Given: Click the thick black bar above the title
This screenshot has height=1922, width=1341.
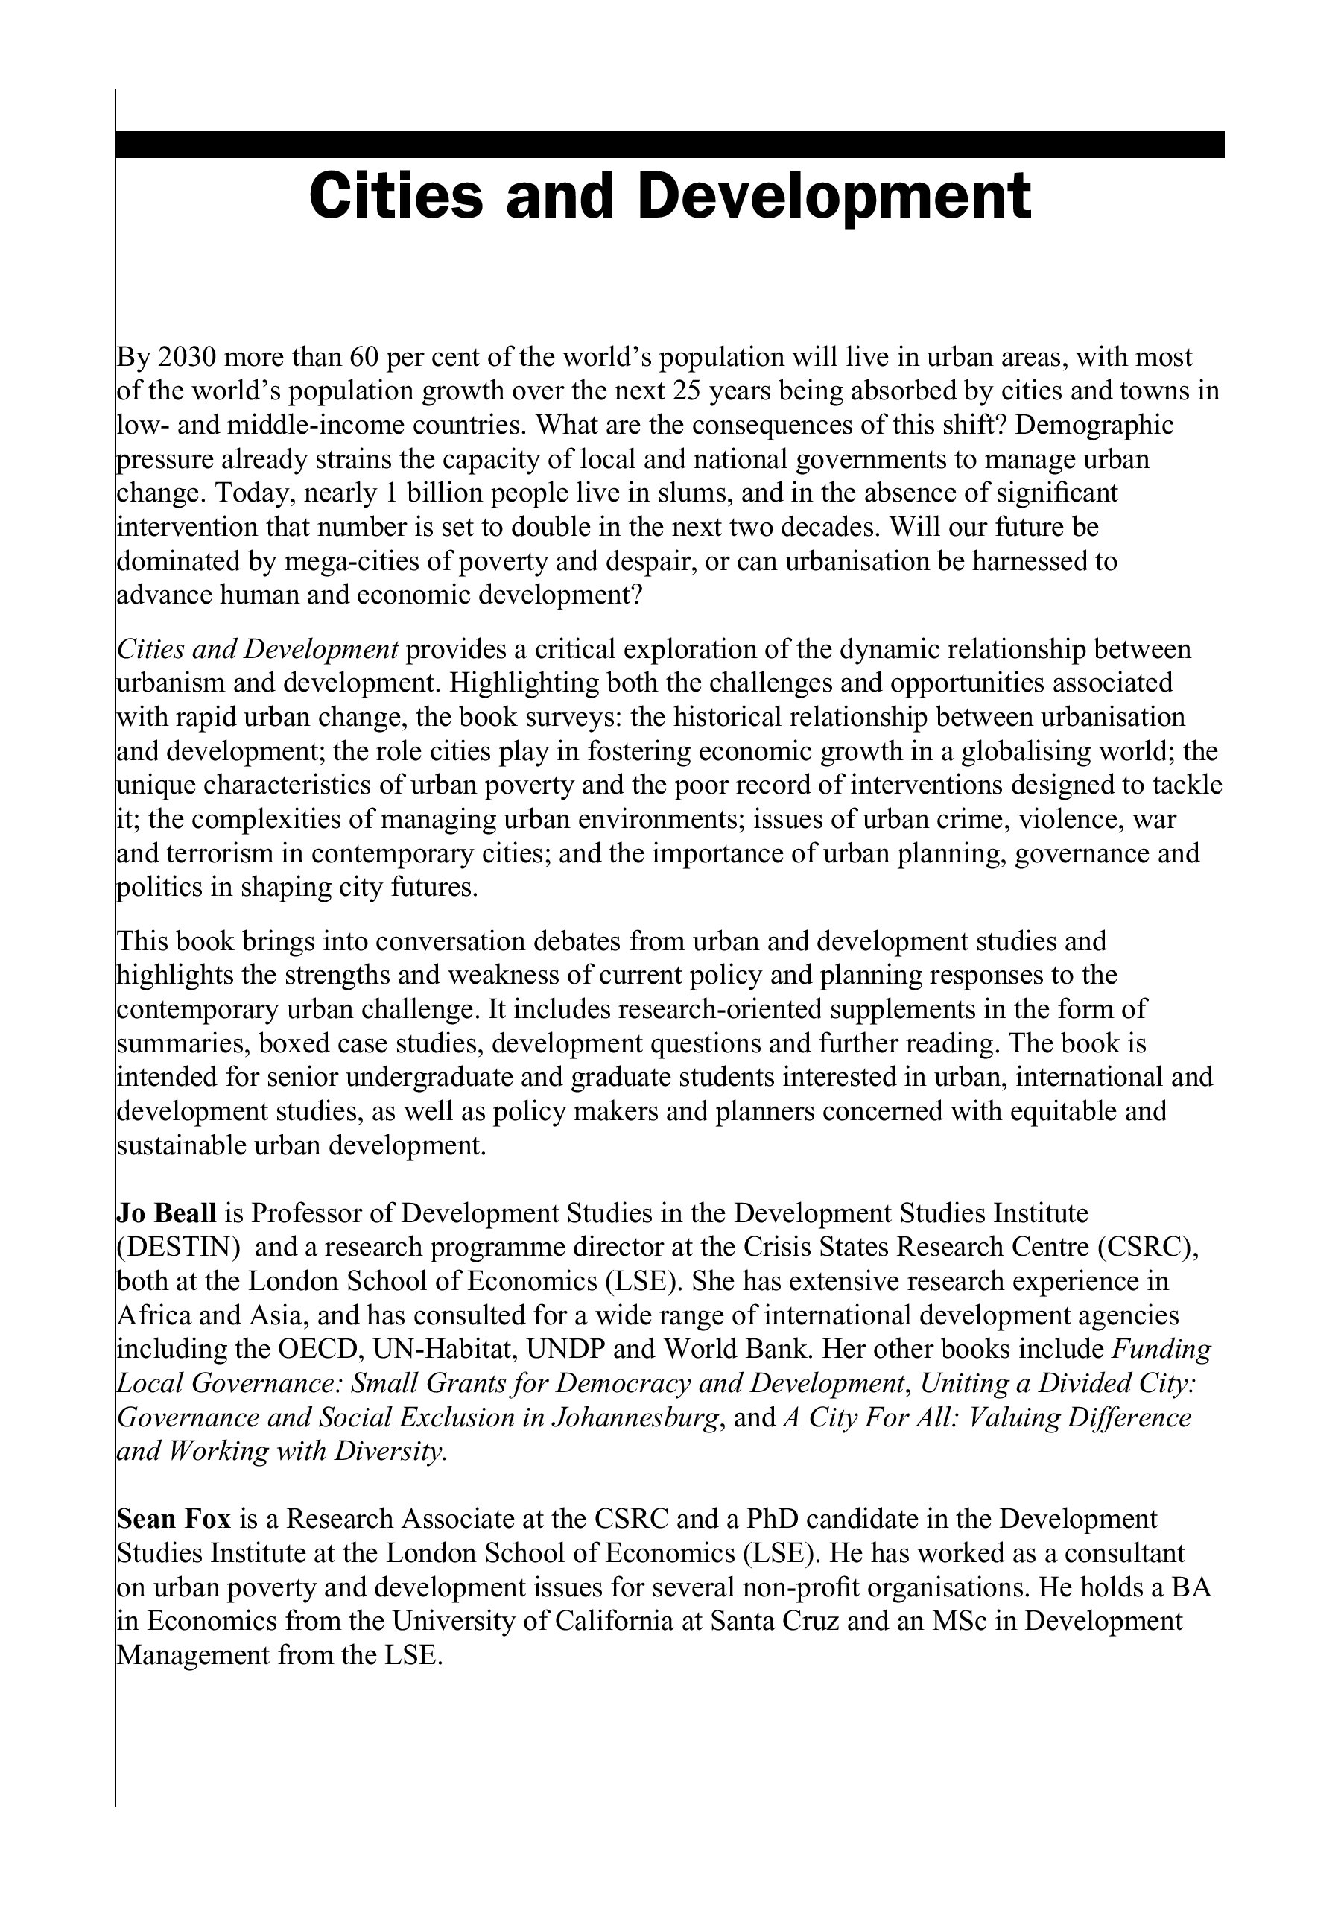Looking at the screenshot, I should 670,144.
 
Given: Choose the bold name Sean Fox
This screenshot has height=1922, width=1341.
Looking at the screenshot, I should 174,1519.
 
